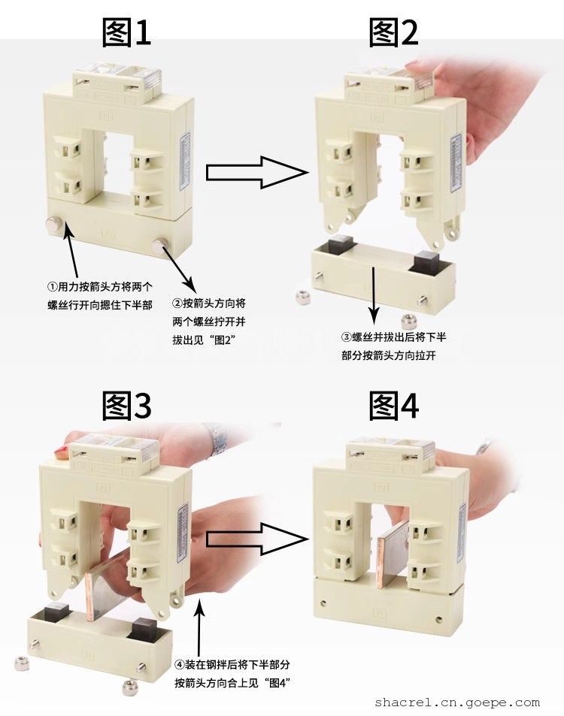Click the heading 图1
(126, 32)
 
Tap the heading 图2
(393, 32)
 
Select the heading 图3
(126, 406)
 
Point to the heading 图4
(393, 406)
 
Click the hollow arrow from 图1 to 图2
(257, 172)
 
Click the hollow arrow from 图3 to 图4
(257, 539)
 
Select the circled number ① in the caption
(53, 287)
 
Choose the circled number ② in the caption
(177, 304)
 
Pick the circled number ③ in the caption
(347, 337)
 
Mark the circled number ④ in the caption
(180, 665)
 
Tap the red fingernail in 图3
(60, 452)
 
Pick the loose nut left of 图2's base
(302, 298)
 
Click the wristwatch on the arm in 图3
(219, 437)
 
